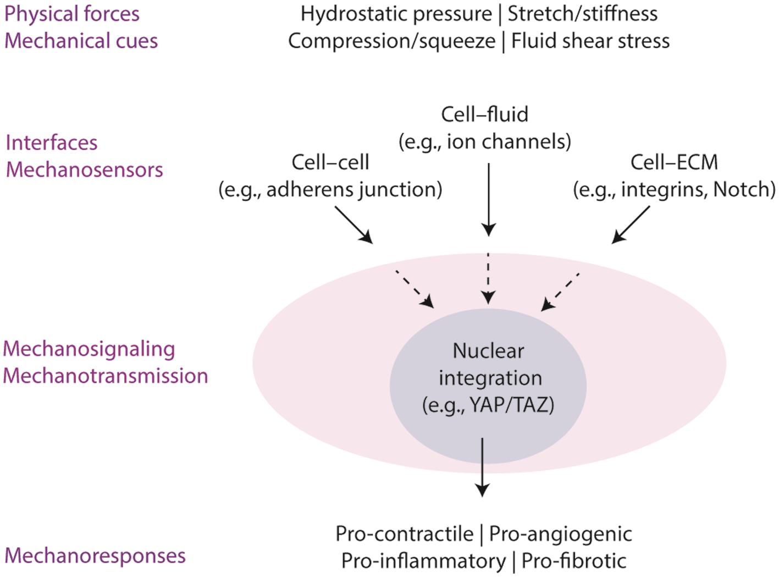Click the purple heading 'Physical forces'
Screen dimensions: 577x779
pyautogui.click(x=72, y=14)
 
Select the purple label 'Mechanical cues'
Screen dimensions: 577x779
pyautogui.click(x=81, y=41)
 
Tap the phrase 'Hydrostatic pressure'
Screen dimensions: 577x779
pyautogui.click(x=396, y=14)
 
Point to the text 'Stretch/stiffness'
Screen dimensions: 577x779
pyautogui.click(x=582, y=14)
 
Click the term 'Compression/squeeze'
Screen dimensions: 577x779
pyautogui.click(x=391, y=41)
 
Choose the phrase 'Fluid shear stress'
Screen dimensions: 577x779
pyautogui.click(x=590, y=41)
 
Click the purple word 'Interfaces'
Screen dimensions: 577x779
pyautogui.click(x=52, y=143)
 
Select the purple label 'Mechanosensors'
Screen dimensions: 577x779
pyautogui.click(x=85, y=170)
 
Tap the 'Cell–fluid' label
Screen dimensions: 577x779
pyautogui.click(x=484, y=114)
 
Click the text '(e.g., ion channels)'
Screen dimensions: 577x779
pyautogui.click(x=484, y=142)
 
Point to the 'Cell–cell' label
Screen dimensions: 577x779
pyautogui.click(x=330, y=162)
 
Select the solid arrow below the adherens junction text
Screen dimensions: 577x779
pyautogui.click(x=353, y=224)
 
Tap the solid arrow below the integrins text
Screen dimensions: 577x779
pyautogui.click(x=631, y=224)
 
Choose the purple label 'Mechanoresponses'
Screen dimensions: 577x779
pyautogui.click(x=95, y=556)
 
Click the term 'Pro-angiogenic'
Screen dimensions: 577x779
pyautogui.click(x=560, y=534)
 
